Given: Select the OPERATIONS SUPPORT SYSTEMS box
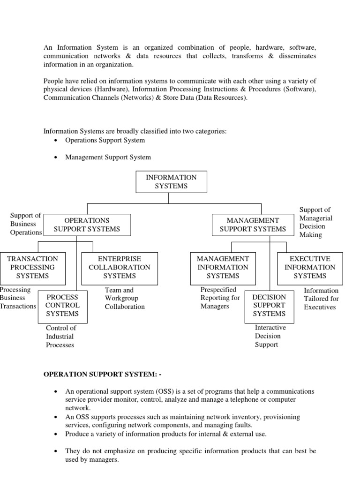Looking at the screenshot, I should (x=87, y=225).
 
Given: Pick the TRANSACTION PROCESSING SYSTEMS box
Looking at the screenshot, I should (x=32, y=268).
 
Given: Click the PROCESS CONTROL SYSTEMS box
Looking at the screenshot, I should (x=62, y=306).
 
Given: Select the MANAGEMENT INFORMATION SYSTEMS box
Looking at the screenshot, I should (x=223, y=268).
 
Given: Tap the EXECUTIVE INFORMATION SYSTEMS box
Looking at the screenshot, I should (x=310, y=268).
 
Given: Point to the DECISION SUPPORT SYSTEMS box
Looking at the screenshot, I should (x=269, y=306).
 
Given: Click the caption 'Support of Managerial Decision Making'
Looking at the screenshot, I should (x=315, y=222).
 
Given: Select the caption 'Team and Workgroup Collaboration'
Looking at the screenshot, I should (x=125, y=299).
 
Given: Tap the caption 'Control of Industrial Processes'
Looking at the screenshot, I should (x=60, y=337).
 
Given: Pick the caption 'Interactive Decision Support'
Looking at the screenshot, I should (x=270, y=336).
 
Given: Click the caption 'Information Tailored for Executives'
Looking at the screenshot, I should (x=321, y=299).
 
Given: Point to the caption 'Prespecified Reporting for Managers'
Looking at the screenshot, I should (x=220, y=298).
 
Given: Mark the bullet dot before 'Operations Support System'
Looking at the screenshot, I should (x=56, y=141).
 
